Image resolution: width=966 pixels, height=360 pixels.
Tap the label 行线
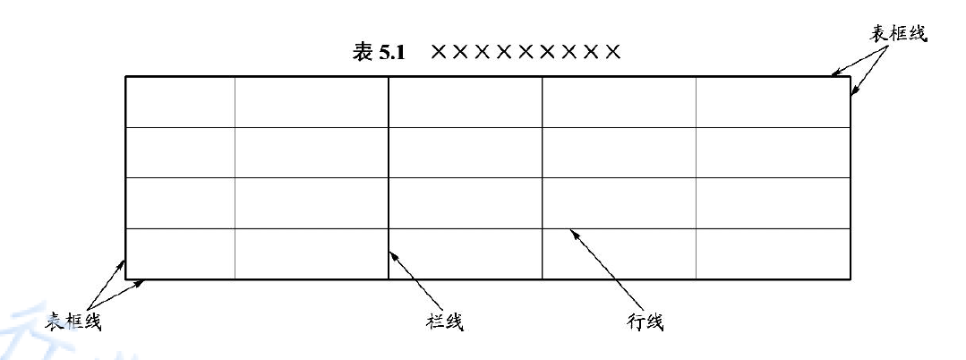coord(645,321)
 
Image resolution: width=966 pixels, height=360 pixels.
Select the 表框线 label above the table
coord(899,34)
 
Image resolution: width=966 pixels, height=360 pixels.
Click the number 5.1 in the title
coord(392,52)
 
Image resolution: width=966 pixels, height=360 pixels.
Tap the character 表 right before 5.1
coord(363,52)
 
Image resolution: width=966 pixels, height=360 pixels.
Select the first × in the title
coord(439,52)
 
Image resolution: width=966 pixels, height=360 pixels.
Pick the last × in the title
coord(612,52)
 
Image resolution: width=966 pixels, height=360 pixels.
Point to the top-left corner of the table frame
coord(125,77)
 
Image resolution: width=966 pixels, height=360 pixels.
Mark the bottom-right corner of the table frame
coord(849,279)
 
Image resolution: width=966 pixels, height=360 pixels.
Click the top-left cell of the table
coord(180,102)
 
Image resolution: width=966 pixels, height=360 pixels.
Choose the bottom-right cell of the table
coord(773,253)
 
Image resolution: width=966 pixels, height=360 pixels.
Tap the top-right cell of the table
coord(773,102)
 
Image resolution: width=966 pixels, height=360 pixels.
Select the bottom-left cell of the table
coord(180,253)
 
